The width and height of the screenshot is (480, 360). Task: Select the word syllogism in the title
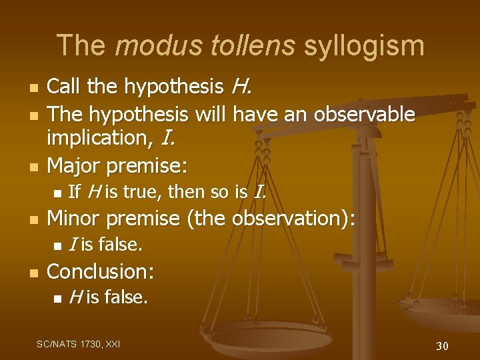click(363, 45)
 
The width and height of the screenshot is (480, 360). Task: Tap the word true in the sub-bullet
click(139, 192)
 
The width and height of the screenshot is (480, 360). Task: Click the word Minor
click(75, 218)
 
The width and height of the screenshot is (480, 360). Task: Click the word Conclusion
click(101, 271)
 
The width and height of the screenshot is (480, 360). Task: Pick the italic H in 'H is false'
click(74, 297)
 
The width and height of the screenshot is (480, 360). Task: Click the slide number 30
click(442, 345)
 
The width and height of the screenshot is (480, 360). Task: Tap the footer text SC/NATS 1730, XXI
click(78, 344)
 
